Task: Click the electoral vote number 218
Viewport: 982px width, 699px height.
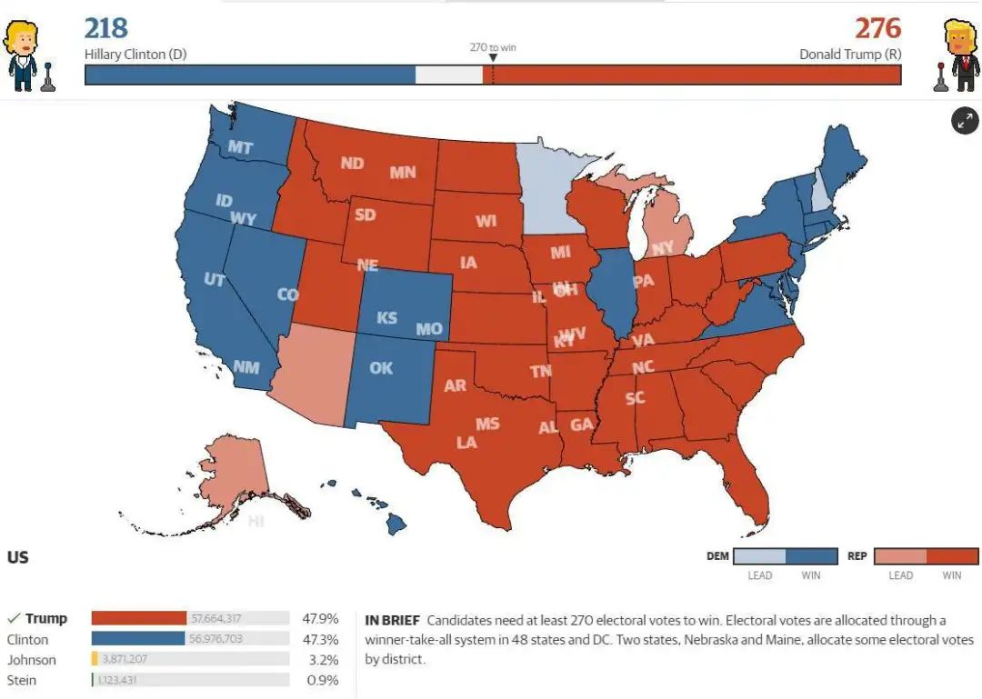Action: [x=106, y=27]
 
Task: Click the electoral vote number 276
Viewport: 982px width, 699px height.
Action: [x=877, y=27]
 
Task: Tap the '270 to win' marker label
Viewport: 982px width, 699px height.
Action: [x=493, y=47]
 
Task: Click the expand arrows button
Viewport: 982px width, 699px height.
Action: [x=965, y=120]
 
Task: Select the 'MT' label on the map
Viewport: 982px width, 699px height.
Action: [x=241, y=147]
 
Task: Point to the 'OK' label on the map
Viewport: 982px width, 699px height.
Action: [x=381, y=368]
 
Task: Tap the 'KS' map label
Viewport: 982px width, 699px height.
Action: [x=386, y=318]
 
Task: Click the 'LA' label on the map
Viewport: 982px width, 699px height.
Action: [x=466, y=443]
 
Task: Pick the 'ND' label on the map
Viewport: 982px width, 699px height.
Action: [x=352, y=164]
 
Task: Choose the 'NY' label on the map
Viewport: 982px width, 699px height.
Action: [x=662, y=247]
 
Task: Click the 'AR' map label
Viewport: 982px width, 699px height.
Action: [x=455, y=385]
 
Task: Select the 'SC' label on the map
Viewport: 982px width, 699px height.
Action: [x=635, y=398]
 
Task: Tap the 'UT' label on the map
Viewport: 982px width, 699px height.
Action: [x=215, y=280]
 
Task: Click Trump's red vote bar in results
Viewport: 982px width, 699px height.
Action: [x=139, y=619]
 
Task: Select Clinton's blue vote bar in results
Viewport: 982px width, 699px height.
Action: [x=138, y=639]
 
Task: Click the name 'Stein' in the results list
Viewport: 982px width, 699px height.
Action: [x=22, y=680]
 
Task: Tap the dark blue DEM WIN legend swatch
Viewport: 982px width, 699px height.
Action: [x=812, y=556]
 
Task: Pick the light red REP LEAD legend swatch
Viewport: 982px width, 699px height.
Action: [x=900, y=556]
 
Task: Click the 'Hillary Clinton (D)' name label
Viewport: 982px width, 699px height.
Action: [x=135, y=55]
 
